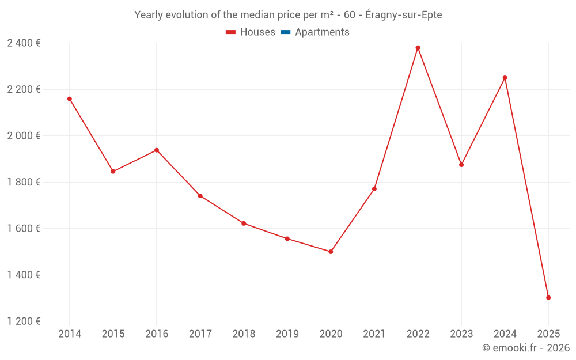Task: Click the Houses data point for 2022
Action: point(418,48)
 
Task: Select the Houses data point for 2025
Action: point(548,298)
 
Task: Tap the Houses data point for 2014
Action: point(70,99)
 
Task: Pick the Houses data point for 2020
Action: point(331,252)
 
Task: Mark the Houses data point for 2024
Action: point(505,78)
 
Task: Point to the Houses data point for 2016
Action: point(157,150)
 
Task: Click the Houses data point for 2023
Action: point(461,165)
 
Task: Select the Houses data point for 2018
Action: point(244,223)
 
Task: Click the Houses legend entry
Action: point(251,32)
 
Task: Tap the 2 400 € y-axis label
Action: point(24,43)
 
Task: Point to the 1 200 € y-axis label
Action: point(24,321)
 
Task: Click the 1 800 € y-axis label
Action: point(24,182)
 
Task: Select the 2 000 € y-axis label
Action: point(24,136)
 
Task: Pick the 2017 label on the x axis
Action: point(200,334)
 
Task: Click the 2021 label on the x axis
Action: point(374,334)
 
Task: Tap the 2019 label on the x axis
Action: point(287,334)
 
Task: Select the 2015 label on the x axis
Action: point(113,334)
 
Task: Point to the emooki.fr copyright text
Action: point(525,348)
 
